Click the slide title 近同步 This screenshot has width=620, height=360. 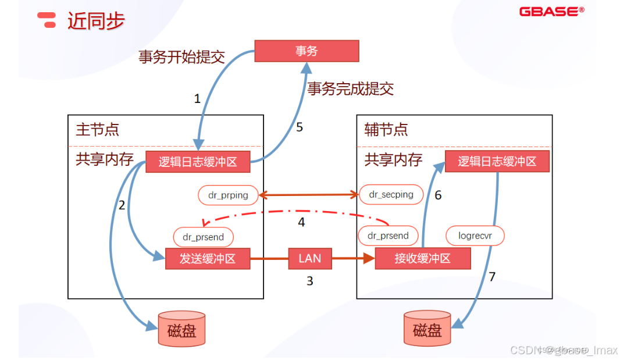(x=96, y=21)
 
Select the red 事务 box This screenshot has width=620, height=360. (x=307, y=51)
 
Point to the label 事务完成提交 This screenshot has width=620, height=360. (x=350, y=88)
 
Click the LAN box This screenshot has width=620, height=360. (x=309, y=258)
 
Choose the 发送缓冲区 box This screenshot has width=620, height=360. (x=208, y=259)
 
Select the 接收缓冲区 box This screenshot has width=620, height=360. (x=422, y=259)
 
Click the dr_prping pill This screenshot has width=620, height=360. (x=228, y=195)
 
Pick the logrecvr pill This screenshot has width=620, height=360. (x=475, y=236)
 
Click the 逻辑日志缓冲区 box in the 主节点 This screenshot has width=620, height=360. (x=198, y=162)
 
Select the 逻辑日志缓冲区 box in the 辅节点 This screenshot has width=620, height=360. (x=497, y=161)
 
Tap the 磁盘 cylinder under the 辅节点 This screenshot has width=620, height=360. (x=427, y=330)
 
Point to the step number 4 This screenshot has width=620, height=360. (x=301, y=222)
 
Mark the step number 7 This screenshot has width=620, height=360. (x=492, y=277)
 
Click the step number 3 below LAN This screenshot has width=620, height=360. (x=310, y=281)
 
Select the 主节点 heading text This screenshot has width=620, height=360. (x=98, y=129)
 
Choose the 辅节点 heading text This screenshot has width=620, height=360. (x=386, y=129)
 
